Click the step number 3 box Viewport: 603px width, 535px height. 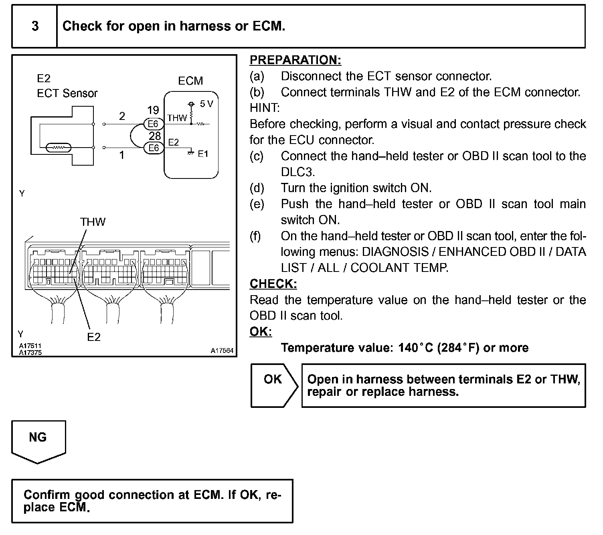click(x=35, y=26)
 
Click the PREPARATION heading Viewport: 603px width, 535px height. click(x=295, y=60)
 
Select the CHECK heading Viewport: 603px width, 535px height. click(x=273, y=284)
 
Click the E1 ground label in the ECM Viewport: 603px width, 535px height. click(x=203, y=154)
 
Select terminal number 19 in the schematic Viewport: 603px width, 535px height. click(x=153, y=110)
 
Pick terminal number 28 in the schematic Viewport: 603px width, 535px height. click(x=155, y=136)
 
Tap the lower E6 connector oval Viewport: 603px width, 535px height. click(x=154, y=148)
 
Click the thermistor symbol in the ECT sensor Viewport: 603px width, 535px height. click(x=59, y=148)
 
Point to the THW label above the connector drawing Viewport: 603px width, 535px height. click(x=93, y=222)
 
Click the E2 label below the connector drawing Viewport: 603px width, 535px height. click(x=94, y=337)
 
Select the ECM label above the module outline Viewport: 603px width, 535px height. click(x=190, y=81)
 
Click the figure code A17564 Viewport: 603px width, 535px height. click(x=222, y=351)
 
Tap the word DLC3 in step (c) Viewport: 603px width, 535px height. click(x=297, y=172)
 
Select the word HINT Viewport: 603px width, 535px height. click(x=264, y=108)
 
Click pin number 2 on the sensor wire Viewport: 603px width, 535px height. click(x=122, y=116)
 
